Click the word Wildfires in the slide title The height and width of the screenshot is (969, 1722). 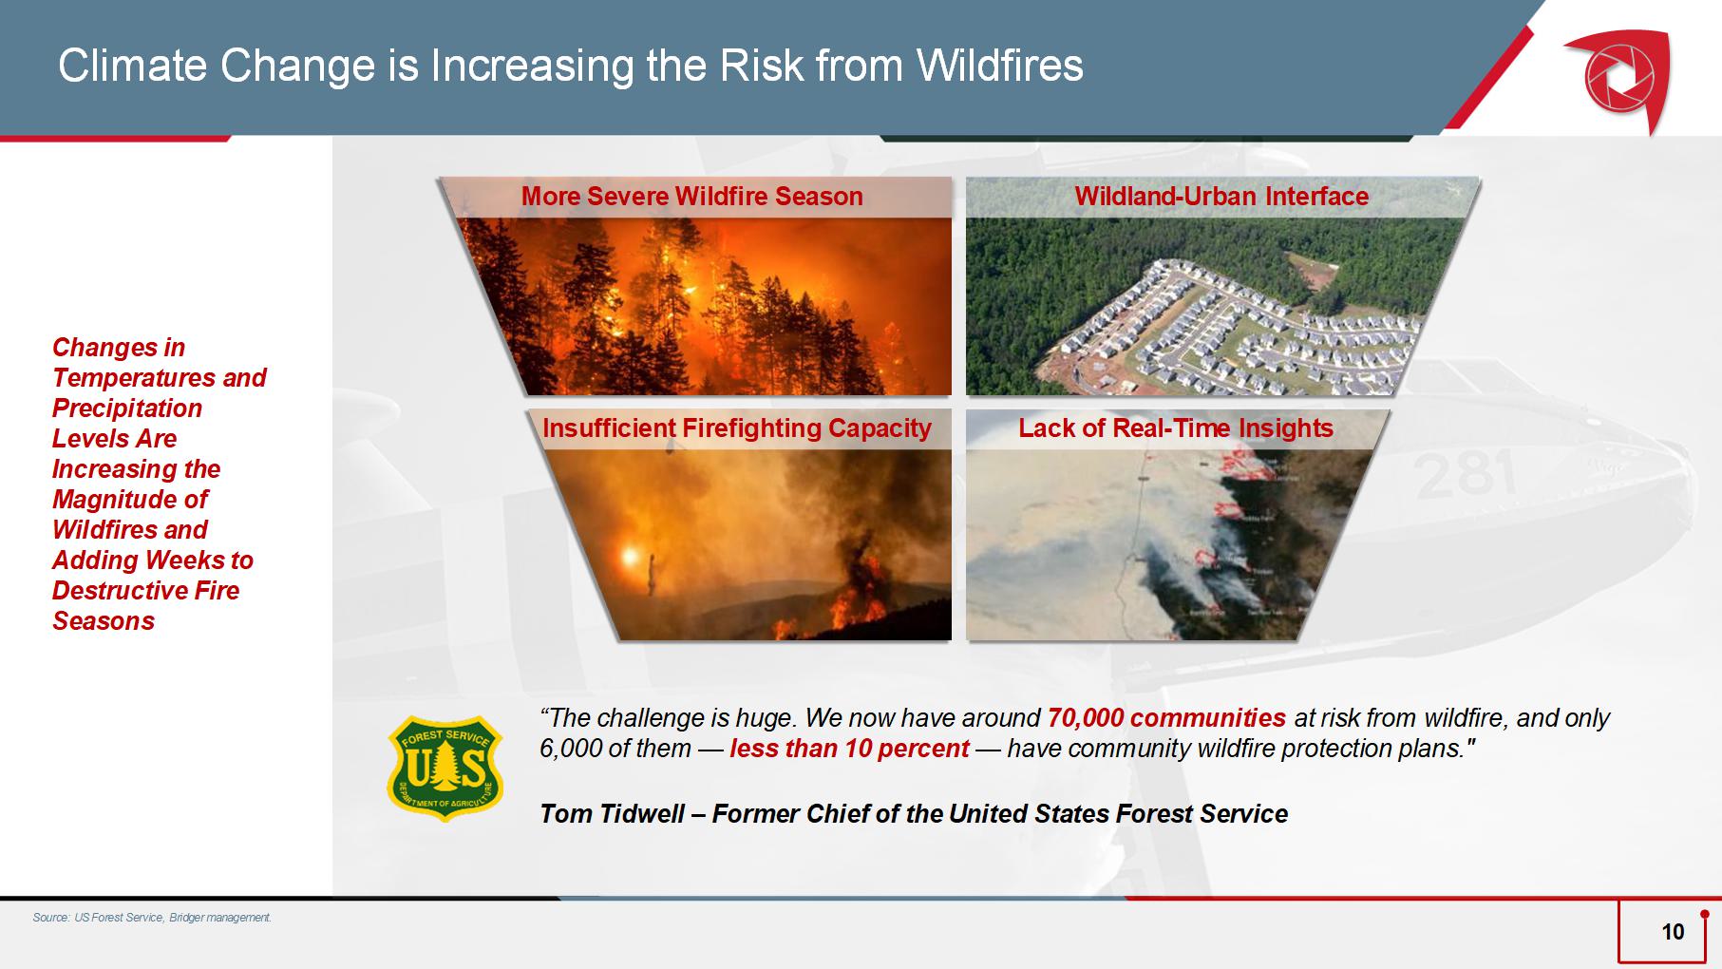coord(999,66)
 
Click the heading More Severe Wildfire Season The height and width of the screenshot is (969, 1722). coord(692,197)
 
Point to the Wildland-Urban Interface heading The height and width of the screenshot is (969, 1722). coord(1221,197)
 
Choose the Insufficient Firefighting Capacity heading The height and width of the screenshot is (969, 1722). coord(737,428)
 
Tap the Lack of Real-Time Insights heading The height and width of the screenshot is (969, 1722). coord(1176,428)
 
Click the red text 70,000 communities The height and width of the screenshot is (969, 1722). coord(1166,718)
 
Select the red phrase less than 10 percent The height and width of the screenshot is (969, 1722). coord(849,749)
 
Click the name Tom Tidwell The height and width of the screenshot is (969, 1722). coord(612,814)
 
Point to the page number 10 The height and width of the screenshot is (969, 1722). coord(1673,932)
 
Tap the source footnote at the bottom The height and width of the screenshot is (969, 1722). coord(152,918)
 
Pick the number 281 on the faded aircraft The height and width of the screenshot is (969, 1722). coord(1465,474)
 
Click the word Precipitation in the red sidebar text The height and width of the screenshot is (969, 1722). coord(127,408)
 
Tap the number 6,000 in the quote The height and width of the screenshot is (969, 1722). coord(568,749)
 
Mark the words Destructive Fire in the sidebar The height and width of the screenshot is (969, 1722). coord(145,591)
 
